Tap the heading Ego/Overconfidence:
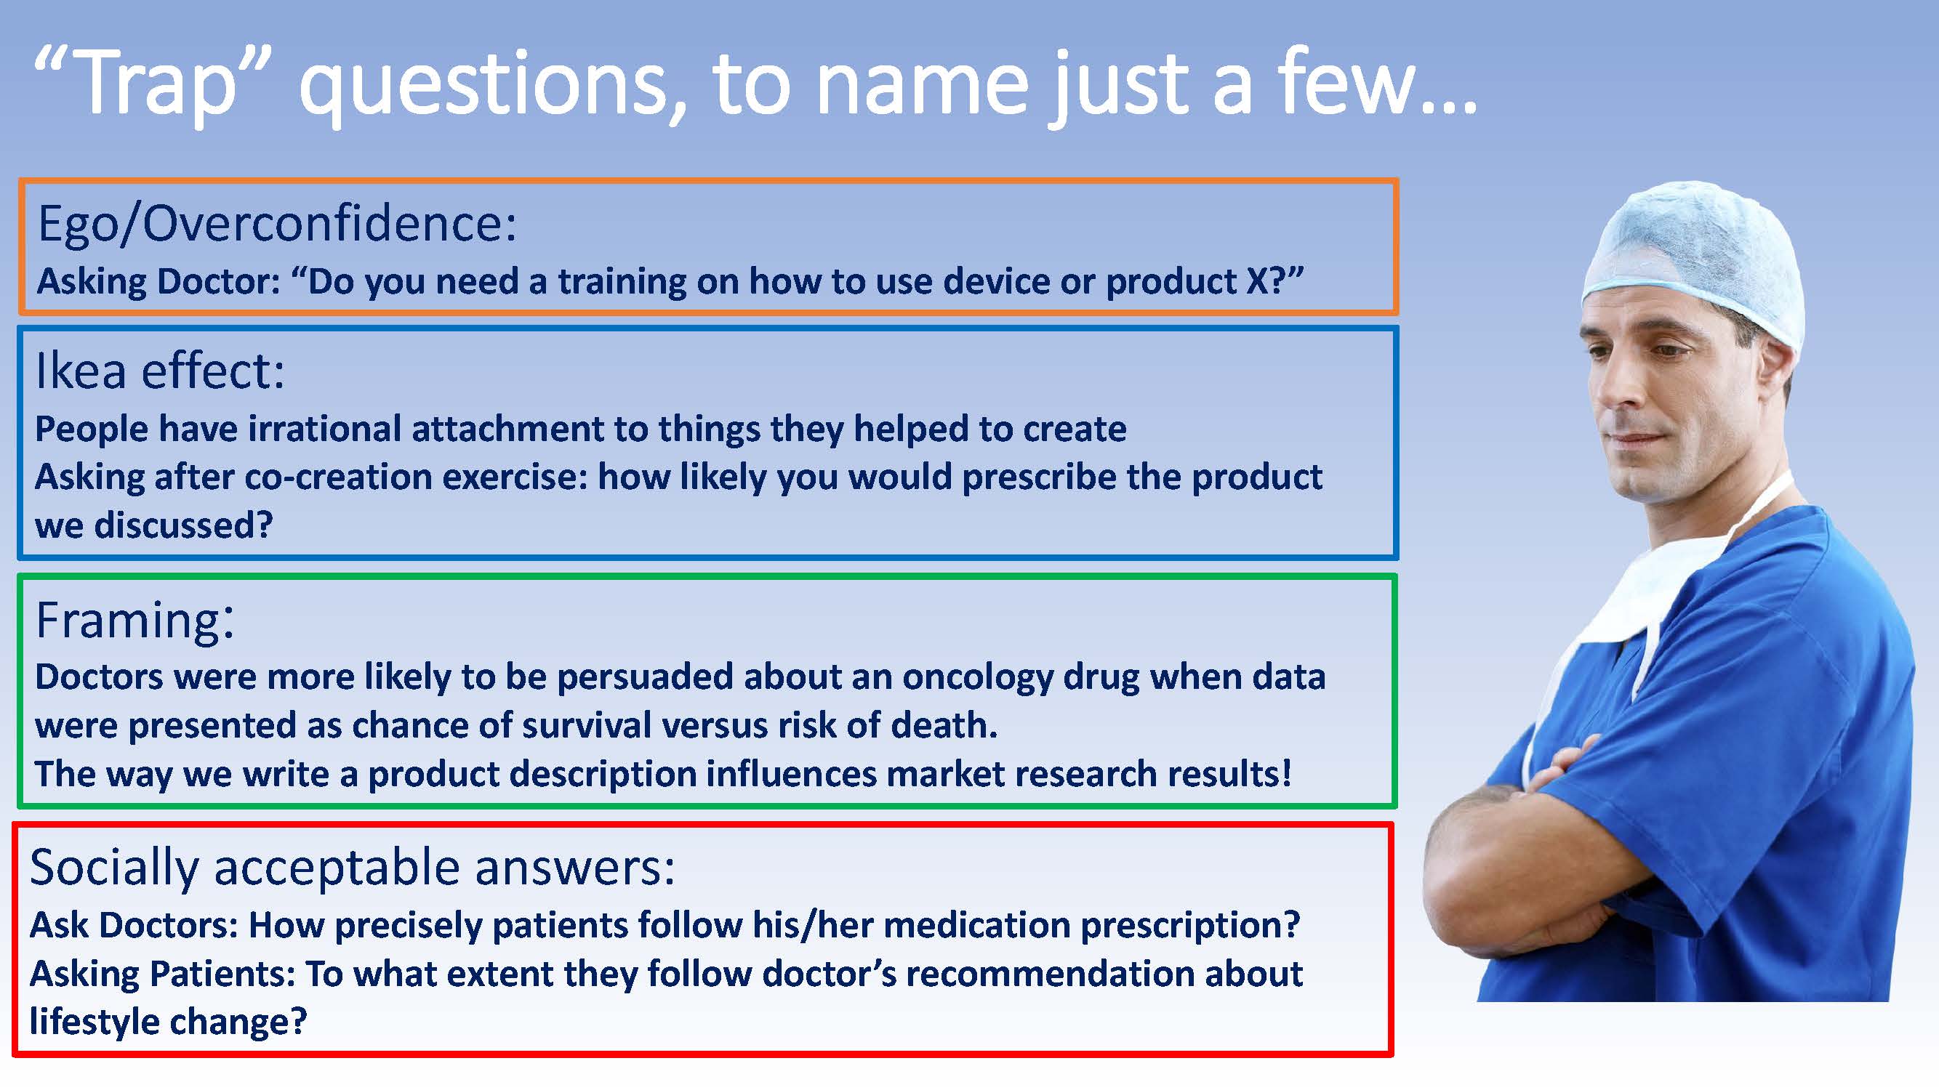[x=278, y=224]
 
